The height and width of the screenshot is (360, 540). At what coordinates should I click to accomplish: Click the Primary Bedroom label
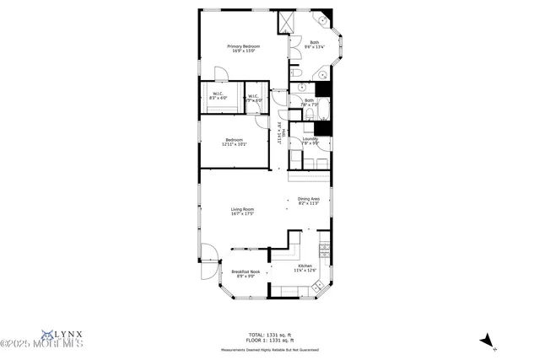[243, 48]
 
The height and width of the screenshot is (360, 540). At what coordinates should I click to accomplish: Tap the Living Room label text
[243, 211]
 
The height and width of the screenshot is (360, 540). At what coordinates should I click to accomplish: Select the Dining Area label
[309, 201]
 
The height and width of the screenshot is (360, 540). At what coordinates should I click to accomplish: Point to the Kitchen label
[305, 269]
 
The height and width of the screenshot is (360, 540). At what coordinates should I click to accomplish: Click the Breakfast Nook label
[245, 274]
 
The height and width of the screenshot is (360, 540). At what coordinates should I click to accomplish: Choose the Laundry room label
[310, 141]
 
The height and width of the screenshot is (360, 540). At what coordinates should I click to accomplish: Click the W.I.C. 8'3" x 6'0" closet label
[218, 96]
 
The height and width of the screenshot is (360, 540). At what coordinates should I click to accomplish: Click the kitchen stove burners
[323, 250]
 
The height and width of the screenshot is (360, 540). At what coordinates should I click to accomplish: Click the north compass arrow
[485, 341]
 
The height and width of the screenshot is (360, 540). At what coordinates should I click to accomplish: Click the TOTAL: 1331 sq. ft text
[269, 334]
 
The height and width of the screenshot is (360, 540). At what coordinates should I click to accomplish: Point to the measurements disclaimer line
[269, 348]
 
